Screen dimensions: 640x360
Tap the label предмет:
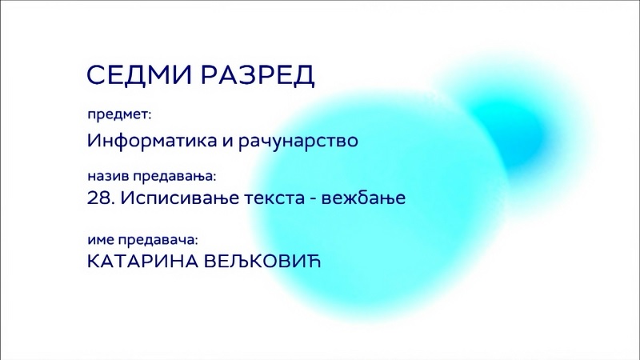(x=119, y=114)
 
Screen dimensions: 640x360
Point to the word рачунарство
(x=298, y=142)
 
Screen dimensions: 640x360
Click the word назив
(x=108, y=176)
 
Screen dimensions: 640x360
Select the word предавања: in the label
(x=174, y=177)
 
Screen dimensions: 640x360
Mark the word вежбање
(x=364, y=198)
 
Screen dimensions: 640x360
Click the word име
(x=101, y=240)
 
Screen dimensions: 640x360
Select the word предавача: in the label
(x=158, y=240)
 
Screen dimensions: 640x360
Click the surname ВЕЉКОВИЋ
(x=262, y=262)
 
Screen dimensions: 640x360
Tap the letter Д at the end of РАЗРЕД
(x=304, y=76)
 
